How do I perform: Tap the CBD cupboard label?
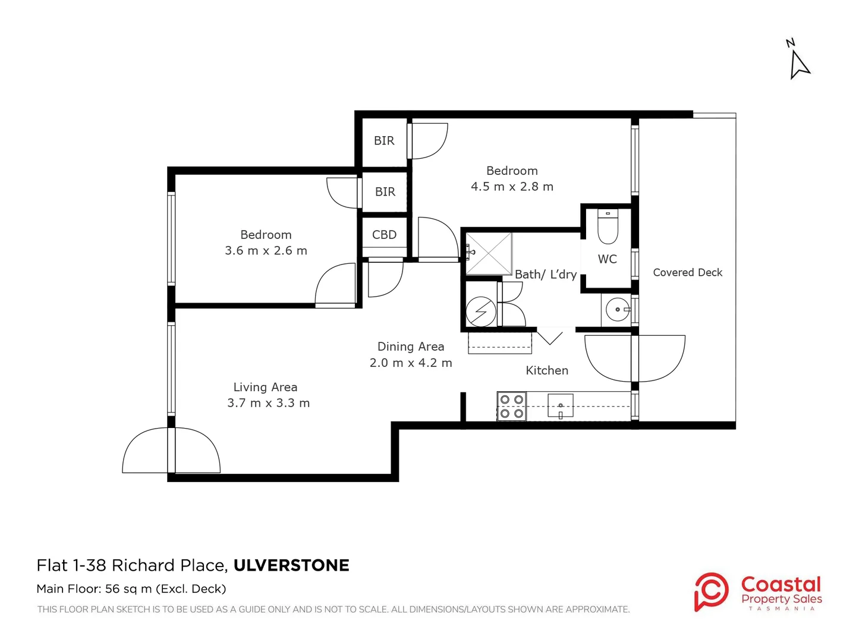click(x=384, y=235)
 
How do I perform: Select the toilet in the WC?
click(x=608, y=226)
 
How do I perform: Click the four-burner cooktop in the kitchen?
click(x=511, y=406)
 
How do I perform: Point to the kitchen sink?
click(x=561, y=406)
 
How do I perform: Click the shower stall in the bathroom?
click(x=489, y=254)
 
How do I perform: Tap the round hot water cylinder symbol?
click(x=481, y=311)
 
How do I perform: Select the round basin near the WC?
click(x=618, y=310)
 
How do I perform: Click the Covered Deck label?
click(x=688, y=272)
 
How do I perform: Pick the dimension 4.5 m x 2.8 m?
click(x=512, y=187)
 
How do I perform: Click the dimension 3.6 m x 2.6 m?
click(x=266, y=251)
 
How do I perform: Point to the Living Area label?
click(x=266, y=387)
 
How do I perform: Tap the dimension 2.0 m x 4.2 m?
click(x=411, y=363)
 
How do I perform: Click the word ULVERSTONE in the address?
click(x=291, y=565)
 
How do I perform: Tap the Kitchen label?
click(x=547, y=370)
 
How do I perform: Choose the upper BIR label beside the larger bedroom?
click(x=384, y=141)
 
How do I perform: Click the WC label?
click(x=607, y=259)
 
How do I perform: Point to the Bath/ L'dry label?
click(x=546, y=275)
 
